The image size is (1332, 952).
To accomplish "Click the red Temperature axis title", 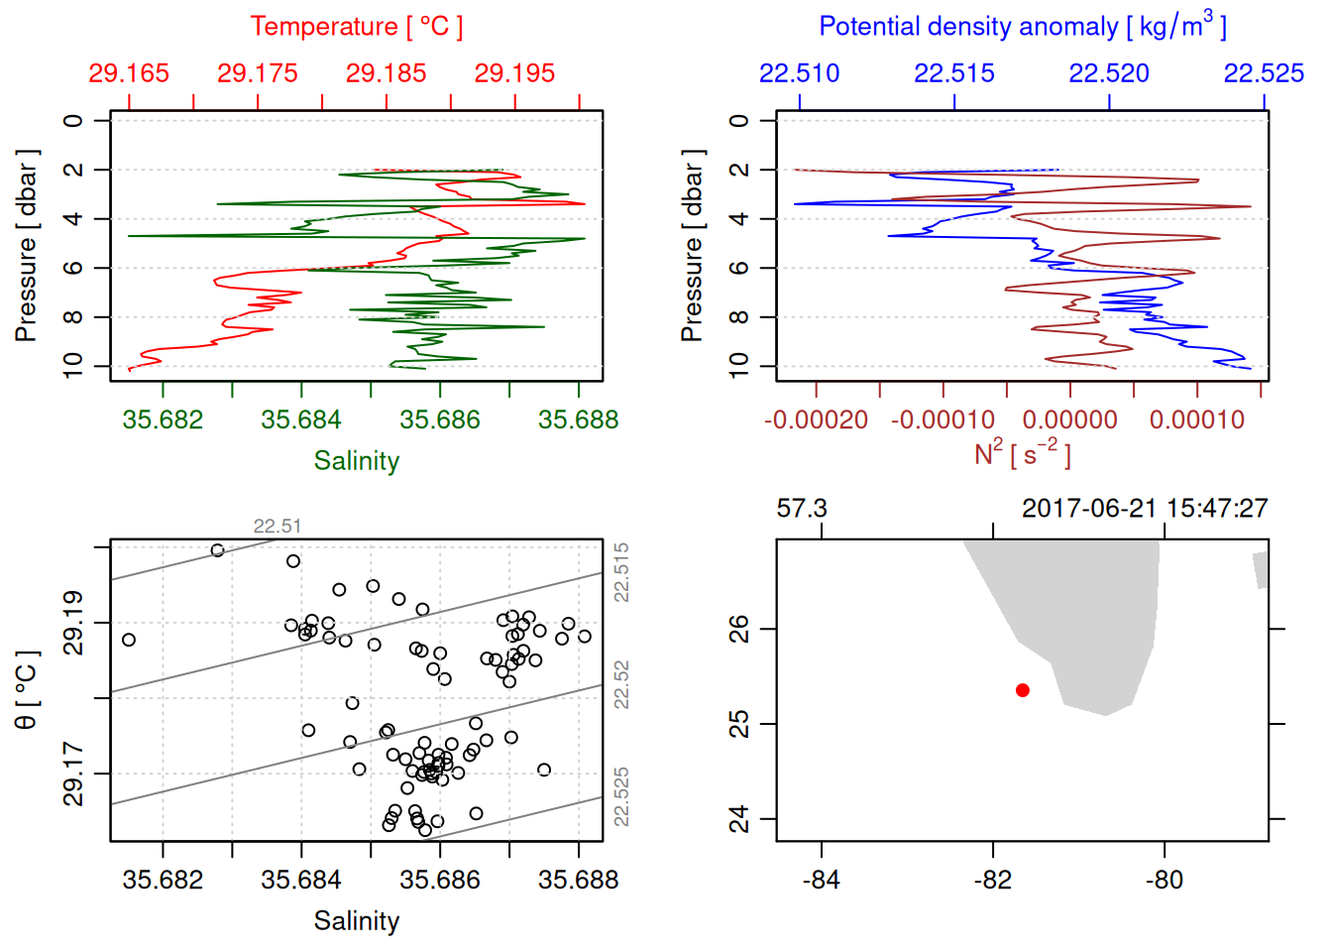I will [356, 27].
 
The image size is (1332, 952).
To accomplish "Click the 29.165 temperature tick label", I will [129, 73].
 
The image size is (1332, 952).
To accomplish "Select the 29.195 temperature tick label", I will [514, 73].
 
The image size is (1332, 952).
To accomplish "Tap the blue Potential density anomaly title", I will [1022, 26].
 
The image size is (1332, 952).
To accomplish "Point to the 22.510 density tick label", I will [799, 73].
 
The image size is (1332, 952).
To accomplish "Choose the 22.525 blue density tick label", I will [1264, 73].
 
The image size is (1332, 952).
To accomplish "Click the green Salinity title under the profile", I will [356, 461].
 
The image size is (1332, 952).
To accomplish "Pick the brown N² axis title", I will [1022, 454].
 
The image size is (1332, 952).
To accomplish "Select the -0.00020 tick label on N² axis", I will [816, 419].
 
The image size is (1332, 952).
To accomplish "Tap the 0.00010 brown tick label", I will [1196, 419].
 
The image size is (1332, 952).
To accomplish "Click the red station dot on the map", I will [1023, 690].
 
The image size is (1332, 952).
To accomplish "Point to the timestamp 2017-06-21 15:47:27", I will [1145, 509].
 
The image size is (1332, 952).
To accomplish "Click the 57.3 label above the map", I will [802, 509].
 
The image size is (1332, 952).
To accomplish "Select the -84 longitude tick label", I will [822, 880].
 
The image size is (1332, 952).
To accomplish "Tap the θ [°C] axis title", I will [27, 690].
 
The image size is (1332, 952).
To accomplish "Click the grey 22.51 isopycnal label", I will [277, 527].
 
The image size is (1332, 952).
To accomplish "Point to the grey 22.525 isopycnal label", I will [621, 796].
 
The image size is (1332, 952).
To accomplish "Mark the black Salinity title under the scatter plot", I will [356, 921].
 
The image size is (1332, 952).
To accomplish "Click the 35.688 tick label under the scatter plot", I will [578, 880].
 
